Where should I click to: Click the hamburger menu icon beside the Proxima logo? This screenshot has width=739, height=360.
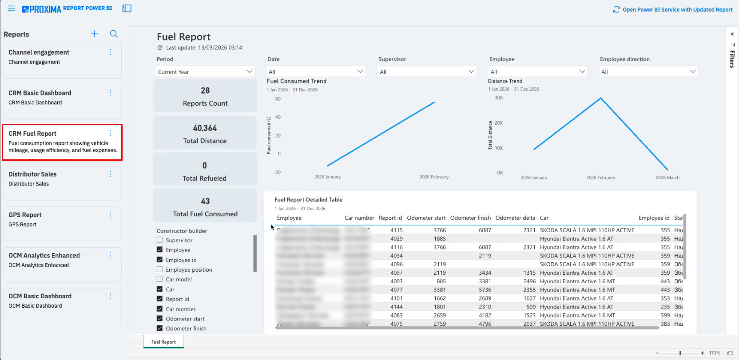point(11,8)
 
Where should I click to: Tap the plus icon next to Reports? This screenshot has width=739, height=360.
point(95,34)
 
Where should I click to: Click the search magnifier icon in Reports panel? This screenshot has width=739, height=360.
point(114,34)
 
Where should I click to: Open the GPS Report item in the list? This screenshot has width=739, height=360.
point(25,215)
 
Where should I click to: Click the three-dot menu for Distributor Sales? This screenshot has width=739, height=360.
point(110,174)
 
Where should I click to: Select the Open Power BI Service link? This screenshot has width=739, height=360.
point(673,9)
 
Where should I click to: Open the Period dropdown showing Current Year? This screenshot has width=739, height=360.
point(205,71)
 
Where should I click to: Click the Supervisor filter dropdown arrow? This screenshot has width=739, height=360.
point(471,71)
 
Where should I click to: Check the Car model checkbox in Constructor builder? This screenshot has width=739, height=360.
point(159,279)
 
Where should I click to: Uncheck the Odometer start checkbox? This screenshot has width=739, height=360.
point(159,319)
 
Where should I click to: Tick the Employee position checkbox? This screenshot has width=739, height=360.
point(159,269)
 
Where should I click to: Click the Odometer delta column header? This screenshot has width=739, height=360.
point(515,218)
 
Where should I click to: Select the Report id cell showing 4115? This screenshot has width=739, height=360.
point(396,230)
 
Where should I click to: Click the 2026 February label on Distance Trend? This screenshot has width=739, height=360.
point(600,178)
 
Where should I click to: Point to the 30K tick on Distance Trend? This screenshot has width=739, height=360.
point(499,98)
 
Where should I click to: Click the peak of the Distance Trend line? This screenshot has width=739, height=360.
point(601,98)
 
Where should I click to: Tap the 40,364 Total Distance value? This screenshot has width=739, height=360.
point(205,128)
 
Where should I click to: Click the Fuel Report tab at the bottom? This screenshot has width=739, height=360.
point(163,342)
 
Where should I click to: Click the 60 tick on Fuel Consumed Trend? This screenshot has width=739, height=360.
point(278,99)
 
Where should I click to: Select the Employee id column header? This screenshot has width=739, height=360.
point(654,218)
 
